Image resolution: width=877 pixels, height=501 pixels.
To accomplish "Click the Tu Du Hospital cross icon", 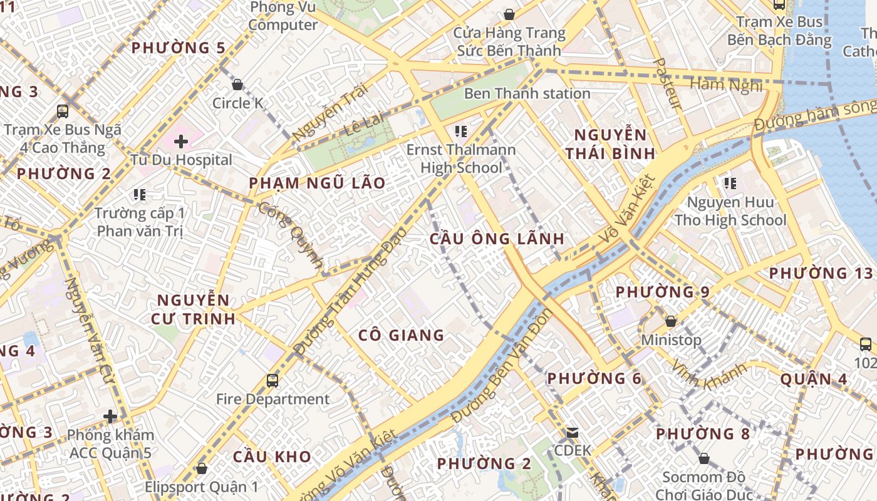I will pos(181,142).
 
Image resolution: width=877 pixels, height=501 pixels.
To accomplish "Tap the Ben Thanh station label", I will pos(527,93).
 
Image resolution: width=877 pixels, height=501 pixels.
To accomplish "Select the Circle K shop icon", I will pos(237,85).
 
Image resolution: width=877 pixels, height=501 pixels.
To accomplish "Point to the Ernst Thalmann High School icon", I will pos(461,132).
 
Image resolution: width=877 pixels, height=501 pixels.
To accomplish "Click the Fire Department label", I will pos(272,399).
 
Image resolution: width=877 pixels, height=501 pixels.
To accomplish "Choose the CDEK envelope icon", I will pos(572,433).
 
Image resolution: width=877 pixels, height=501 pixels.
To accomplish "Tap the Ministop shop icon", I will pos(671,321).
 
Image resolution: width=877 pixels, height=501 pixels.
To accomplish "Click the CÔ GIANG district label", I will pos(401,335).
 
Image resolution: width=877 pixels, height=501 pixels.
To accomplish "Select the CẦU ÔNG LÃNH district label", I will pos(497,239).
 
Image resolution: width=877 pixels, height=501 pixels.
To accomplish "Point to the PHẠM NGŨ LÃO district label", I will pos(317,183).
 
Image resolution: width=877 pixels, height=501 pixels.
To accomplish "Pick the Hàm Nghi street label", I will pos(726,84).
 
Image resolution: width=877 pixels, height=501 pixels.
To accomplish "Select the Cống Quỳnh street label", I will pos(291,235).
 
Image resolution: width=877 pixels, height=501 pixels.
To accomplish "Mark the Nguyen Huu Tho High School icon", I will pos(730,183).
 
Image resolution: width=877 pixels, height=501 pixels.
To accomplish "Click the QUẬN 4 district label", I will pos(814,379).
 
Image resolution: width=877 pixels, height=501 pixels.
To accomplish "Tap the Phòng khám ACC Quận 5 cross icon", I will pos(110,416).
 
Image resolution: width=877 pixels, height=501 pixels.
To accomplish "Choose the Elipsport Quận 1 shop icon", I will pos(202,468).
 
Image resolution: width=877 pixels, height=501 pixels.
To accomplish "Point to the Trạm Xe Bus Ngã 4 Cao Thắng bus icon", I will pos(63,111).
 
